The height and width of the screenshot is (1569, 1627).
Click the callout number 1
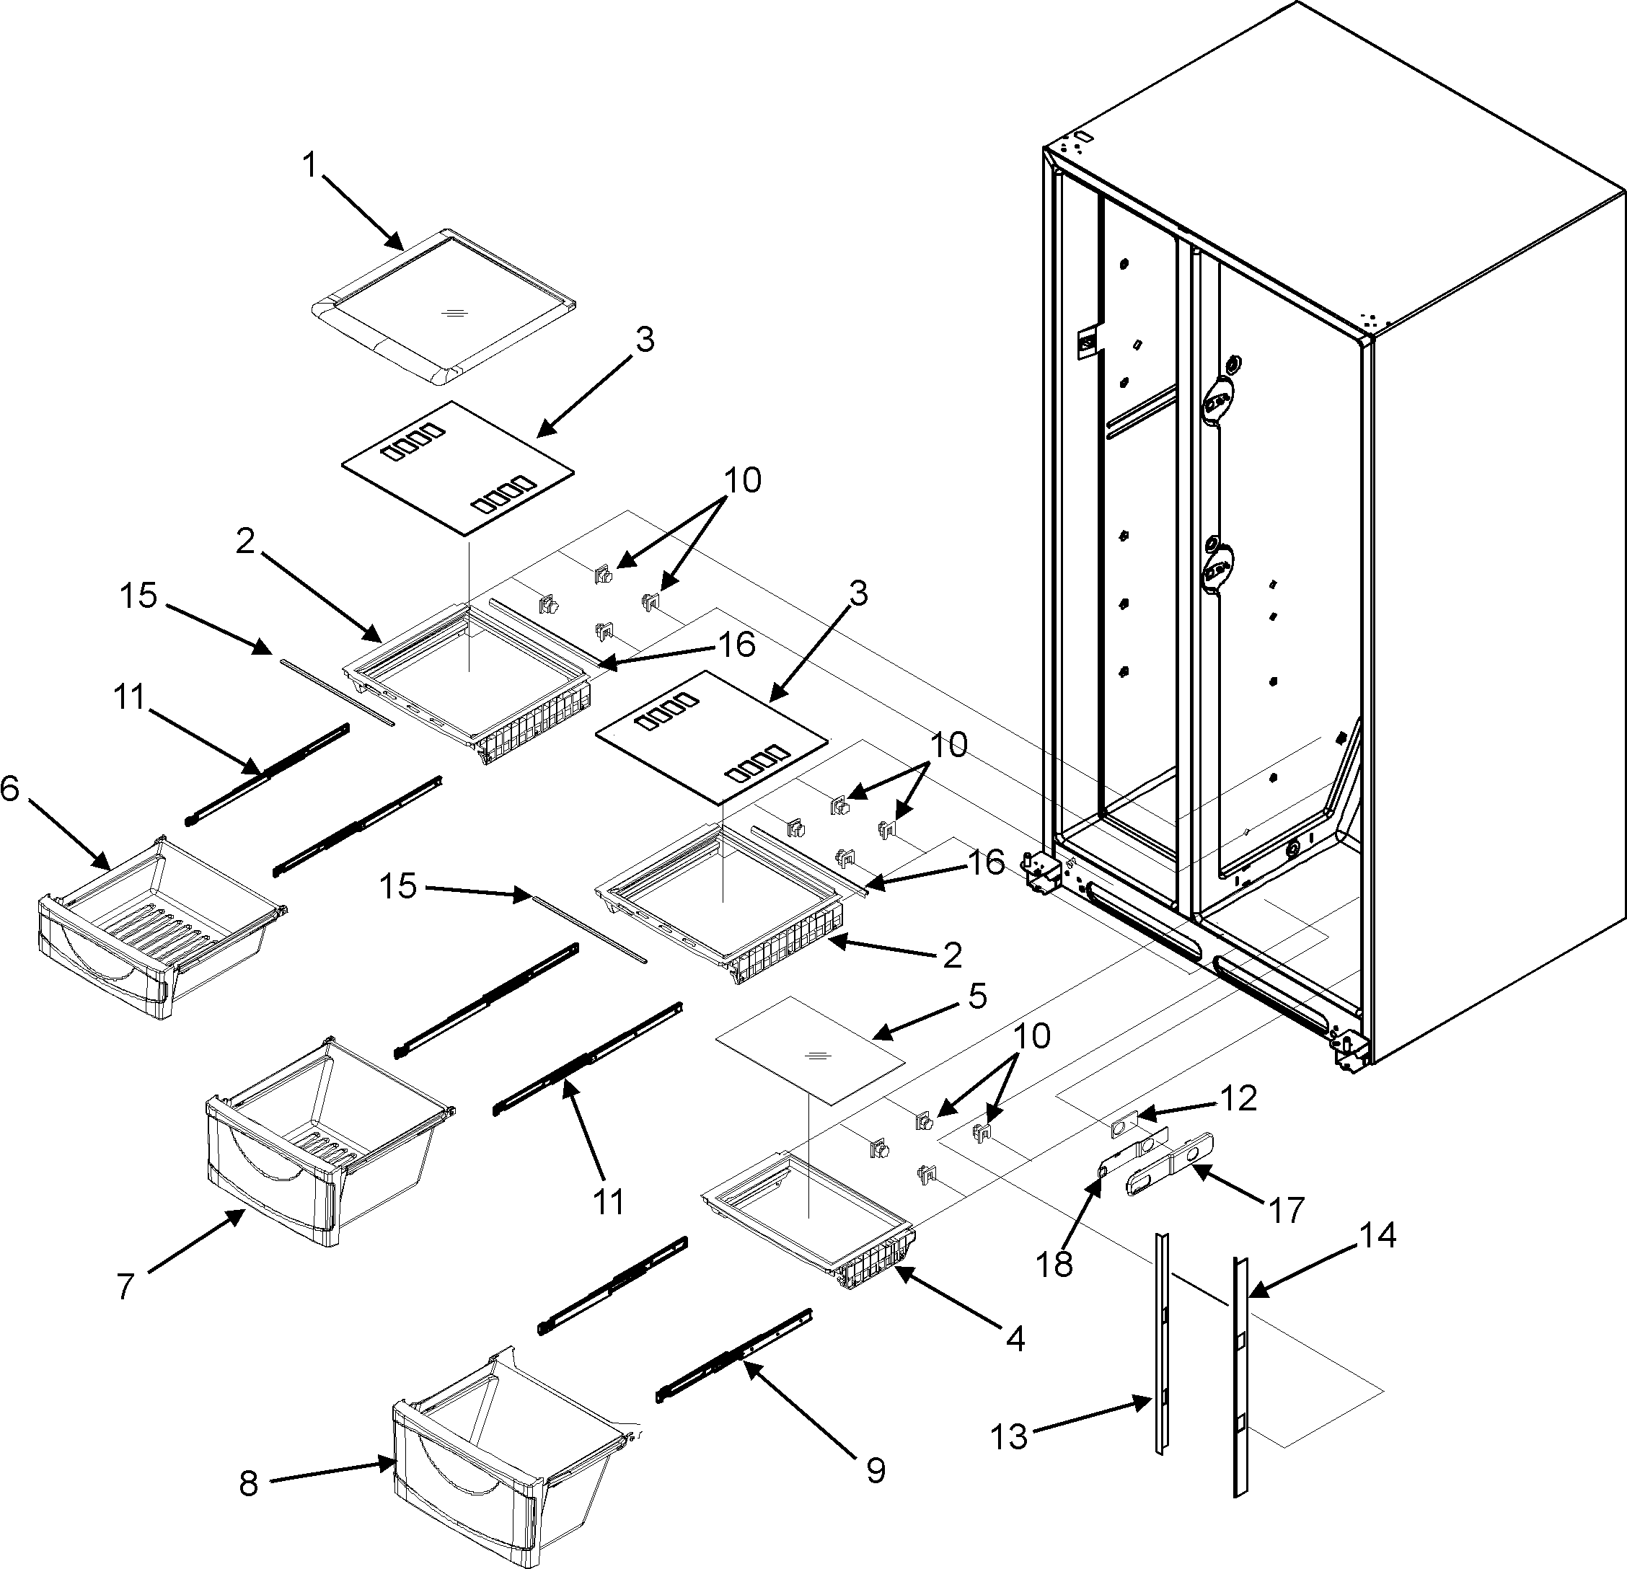pos(309,166)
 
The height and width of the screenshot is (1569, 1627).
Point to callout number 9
pos(875,1470)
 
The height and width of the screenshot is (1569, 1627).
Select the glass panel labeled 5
pos(809,1050)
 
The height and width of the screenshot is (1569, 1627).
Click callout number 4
pos(1015,1338)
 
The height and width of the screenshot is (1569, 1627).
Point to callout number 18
pos(1054,1264)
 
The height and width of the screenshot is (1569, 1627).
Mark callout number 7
pos(125,1287)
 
